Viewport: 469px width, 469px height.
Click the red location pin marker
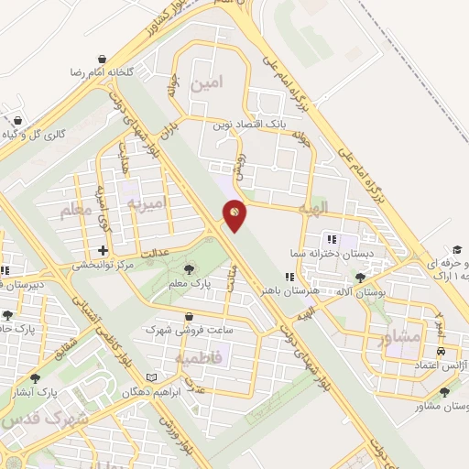point(234,213)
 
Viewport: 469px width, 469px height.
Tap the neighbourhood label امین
point(206,84)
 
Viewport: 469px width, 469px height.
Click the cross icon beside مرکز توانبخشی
point(103,250)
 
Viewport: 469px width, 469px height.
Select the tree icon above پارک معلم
point(189,268)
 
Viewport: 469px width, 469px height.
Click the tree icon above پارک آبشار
point(36,376)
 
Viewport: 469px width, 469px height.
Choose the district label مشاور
point(399,337)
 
